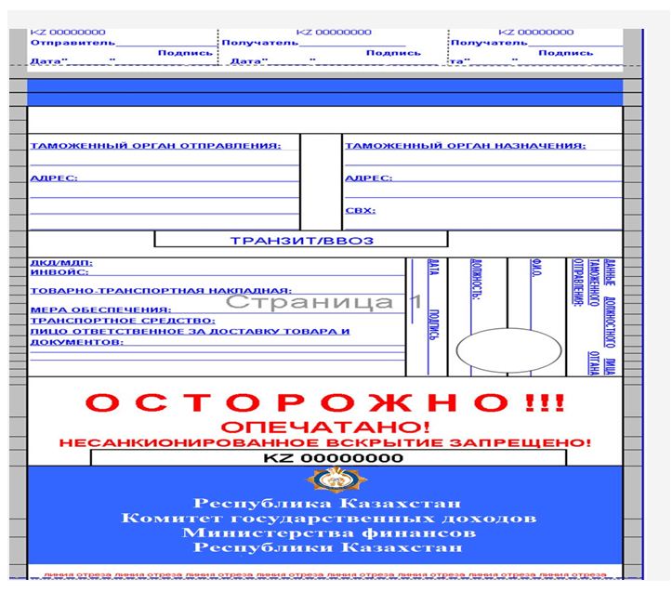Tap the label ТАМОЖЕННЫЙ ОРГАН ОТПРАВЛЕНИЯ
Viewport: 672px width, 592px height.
click(154, 146)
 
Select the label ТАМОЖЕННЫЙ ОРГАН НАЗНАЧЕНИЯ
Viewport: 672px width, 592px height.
click(465, 146)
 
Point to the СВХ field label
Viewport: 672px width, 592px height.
click(360, 211)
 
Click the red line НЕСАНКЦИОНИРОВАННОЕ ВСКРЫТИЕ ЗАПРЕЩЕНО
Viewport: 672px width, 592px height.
click(324, 443)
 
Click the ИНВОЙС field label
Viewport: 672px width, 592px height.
click(59, 272)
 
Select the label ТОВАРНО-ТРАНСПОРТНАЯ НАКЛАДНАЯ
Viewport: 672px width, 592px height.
click(161, 291)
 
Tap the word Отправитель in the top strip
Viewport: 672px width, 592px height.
click(72, 42)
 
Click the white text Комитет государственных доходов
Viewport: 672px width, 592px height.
click(329, 517)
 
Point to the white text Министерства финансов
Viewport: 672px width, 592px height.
click(329, 533)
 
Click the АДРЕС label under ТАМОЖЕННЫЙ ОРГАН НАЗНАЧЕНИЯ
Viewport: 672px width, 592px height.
click(368, 178)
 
